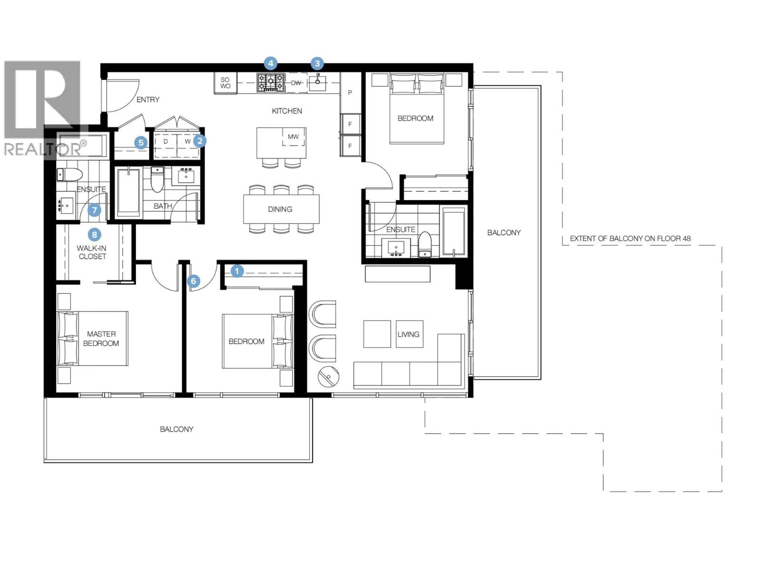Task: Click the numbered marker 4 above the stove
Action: click(271, 63)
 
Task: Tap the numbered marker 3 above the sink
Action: click(317, 63)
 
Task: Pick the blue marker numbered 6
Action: click(193, 281)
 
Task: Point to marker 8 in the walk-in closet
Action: click(94, 235)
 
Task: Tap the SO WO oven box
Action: click(225, 83)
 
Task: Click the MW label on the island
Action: click(293, 137)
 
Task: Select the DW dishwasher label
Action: click(296, 83)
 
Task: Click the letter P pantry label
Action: click(350, 92)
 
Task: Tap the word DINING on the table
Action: click(280, 209)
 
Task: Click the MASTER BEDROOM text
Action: click(101, 338)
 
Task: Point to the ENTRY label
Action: click(148, 100)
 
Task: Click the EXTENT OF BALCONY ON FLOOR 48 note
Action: click(630, 238)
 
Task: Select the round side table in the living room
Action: click(329, 377)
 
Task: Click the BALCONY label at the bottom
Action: click(177, 429)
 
